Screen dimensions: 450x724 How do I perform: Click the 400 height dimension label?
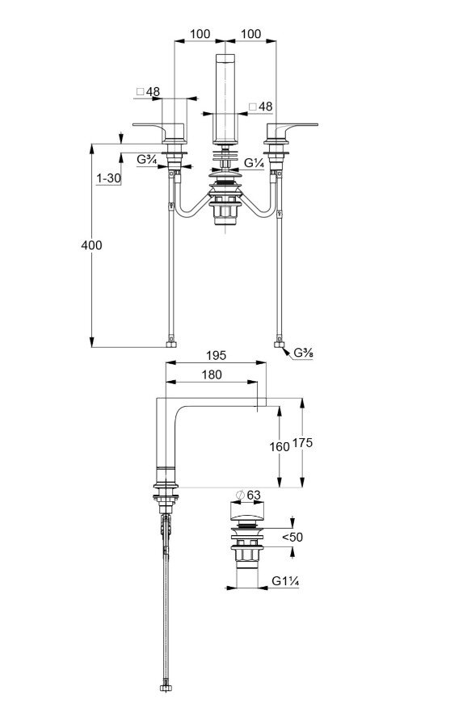pos(91,245)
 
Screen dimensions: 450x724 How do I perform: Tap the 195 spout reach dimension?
pos(217,355)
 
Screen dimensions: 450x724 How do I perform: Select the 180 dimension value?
pos(212,375)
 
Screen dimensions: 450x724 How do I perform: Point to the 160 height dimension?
pos(280,446)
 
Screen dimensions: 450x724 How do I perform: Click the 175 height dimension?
pos(303,443)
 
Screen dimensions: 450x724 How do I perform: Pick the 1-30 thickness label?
pos(108,178)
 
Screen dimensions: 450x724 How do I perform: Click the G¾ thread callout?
pos(147,160)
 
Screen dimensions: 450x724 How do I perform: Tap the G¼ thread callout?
pos(254,163)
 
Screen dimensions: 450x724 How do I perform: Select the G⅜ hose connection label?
pos(304,352)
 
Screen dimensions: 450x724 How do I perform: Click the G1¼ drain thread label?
pos(285,581)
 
